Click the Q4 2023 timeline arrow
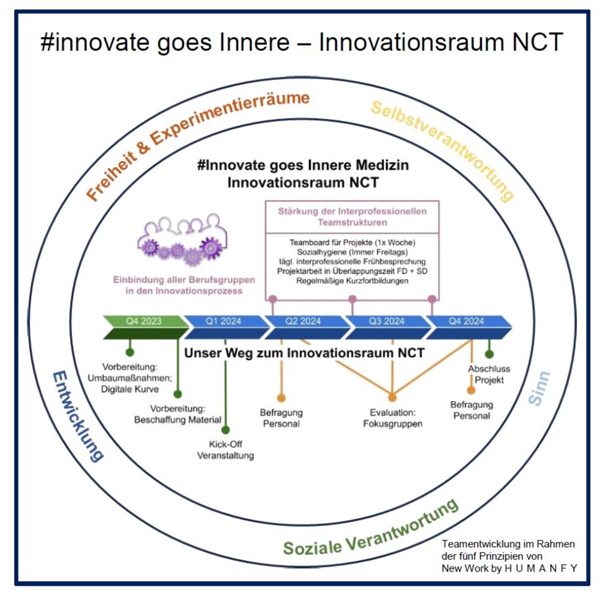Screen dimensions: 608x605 pos(145,327)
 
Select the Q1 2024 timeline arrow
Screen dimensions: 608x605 pos(226,327)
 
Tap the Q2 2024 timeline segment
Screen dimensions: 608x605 pos(307,327)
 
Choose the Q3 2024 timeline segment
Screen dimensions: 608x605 pos(388,327)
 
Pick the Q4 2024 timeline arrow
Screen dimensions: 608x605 pos(468,327)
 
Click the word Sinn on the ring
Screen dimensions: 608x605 pos(539,388)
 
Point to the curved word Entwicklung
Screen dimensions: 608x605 pos(78,416)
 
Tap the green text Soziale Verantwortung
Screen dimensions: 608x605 pos(371,528)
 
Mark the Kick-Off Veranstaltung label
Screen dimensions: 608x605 pos(226,449)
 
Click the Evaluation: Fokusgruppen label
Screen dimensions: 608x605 pos(392,418)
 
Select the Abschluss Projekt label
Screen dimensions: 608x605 pos(489,374)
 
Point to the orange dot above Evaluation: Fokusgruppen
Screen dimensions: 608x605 pos(392,397)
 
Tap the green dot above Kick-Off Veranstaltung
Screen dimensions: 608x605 pos(226,430)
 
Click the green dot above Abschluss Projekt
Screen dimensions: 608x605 pos(490,353)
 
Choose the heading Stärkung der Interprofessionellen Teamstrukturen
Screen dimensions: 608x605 pos(352,217)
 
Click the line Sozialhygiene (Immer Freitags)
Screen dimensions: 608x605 pos(352,252)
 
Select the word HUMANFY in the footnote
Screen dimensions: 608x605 pos(540,568)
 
